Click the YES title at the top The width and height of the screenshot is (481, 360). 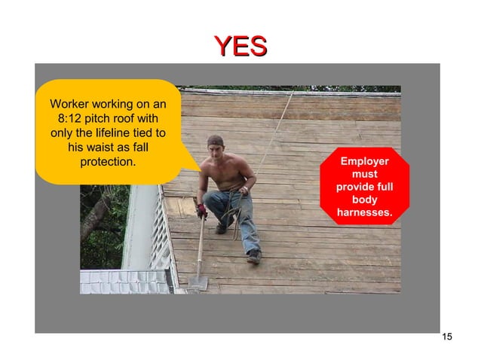(x=240, y=46)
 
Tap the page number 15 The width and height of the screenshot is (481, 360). (x=447, y=337)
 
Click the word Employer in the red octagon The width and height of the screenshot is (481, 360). (x=364, y=162)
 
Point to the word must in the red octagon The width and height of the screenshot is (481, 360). (x=365, y=175)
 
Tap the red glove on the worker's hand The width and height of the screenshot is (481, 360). (x=201, y=211)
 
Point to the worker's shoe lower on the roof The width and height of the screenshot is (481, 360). (x=254, y=256)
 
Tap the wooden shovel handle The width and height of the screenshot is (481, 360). (x=199, y=245)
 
